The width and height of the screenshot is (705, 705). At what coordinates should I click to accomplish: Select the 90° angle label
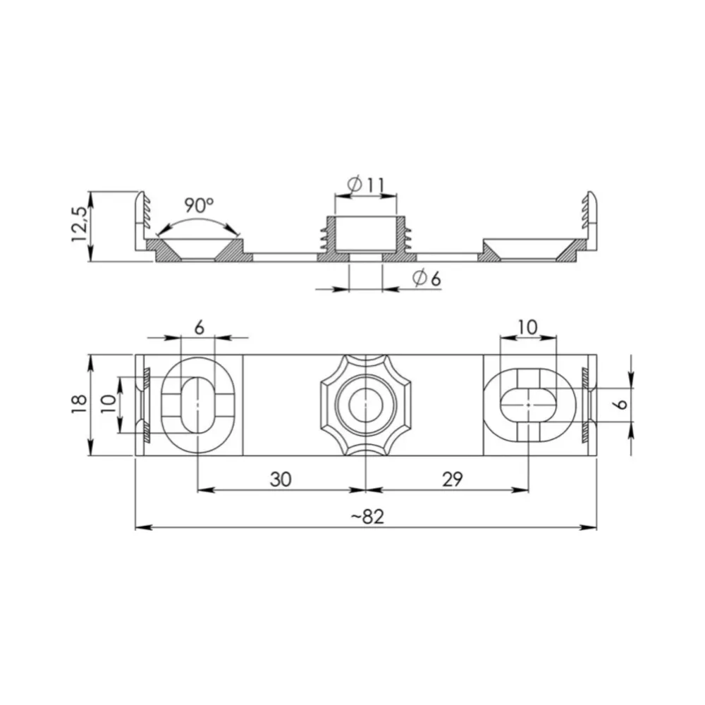pyautogui.click(x=199, y=206)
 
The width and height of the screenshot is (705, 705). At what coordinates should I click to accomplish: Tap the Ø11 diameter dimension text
pyautogui.click(x=367, y=185)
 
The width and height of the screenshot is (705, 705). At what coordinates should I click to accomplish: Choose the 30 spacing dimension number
pyautogui.click(x=281, y=479)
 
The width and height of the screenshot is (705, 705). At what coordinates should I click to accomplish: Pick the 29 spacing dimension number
pyautogui.click(x=453, y=479)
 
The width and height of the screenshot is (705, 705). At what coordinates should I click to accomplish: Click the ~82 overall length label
pyautogui.click(x=367, y=517)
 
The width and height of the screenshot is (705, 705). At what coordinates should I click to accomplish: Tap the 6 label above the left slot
pyautogui.click(x=199, y=327)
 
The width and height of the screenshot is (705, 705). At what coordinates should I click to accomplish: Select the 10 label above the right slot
pyautogui.click(x=527, y=327)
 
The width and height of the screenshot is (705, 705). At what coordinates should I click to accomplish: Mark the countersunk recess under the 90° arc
pyautogui.click(x=198, y=250)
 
